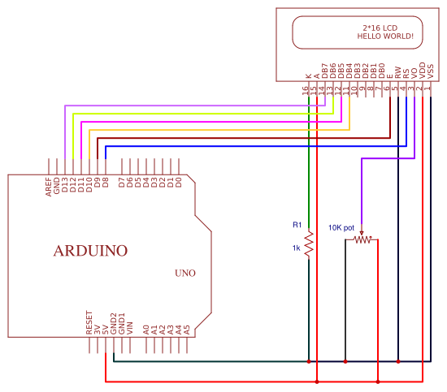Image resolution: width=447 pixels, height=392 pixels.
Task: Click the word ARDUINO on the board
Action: coord(90,251)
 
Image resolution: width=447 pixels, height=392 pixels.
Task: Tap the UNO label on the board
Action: coord(185,274)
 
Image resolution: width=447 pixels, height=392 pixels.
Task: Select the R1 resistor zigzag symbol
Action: coord(309,243)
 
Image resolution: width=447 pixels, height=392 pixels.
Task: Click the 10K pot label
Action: coord(341,228)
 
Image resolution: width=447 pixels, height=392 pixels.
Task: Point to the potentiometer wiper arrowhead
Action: coord(362,234)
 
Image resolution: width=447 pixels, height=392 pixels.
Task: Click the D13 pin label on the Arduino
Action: coord(65,185)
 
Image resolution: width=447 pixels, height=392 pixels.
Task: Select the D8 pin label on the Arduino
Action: coord(106,182)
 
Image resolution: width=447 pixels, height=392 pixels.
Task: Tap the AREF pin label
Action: coord(49,187)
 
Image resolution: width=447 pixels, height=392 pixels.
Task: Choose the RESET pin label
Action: coord(89,322)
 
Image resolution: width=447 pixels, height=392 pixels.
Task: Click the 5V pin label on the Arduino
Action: coord(106,330)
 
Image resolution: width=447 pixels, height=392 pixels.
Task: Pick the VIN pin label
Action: coord(130,328)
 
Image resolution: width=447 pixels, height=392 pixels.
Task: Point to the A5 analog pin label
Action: coord(187,330)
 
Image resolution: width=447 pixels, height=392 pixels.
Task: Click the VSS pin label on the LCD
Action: coord(431,71)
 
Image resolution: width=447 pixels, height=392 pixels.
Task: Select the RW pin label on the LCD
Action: coord(398,72)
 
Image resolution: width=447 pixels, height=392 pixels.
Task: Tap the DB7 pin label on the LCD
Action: coord(325,71)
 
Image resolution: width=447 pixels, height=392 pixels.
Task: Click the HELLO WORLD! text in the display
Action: coord(385,37)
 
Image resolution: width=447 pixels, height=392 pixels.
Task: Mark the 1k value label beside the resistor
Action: coord(297,248)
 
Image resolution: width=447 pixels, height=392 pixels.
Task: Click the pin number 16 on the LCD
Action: coord(306,91)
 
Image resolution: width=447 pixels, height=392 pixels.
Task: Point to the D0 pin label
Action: coord(179,182)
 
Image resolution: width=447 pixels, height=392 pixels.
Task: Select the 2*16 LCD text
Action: coord(380,28)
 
